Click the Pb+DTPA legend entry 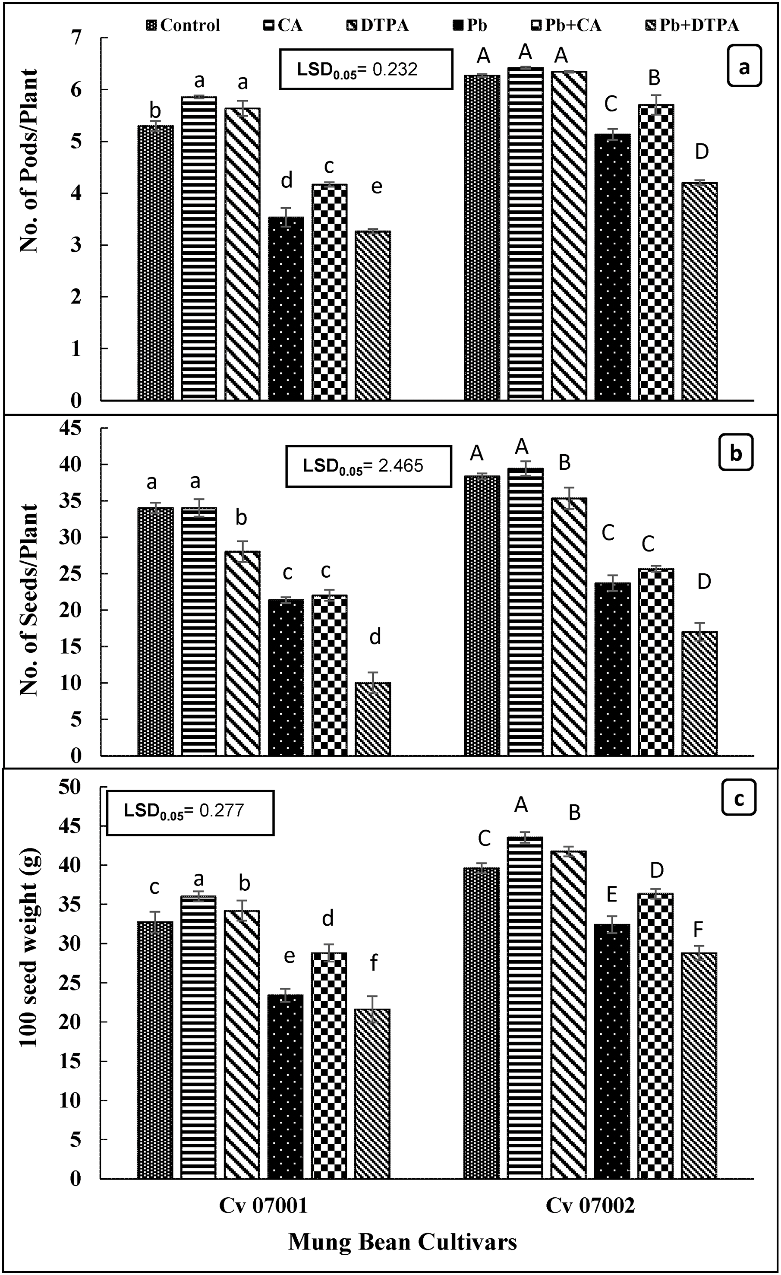coord(693,25)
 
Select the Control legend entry coord(184,25)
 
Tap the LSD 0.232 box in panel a coord(365,70)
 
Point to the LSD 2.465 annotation coord(368,466)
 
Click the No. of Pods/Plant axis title coord(29,161)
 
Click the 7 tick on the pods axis coord(76,38)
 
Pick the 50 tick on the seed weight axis coord(70,787)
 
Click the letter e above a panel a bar coord(377,186)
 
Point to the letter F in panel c coord(698,930)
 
